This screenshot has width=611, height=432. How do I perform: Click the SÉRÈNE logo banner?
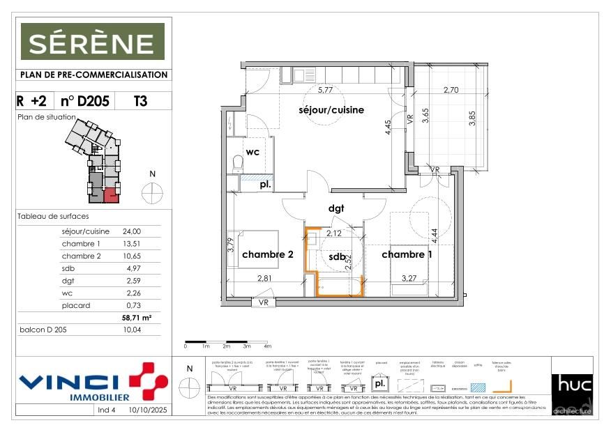tap(92, 42)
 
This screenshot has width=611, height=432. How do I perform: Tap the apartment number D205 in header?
tap(85, 101)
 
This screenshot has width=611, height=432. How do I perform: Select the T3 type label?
tap(140, 101)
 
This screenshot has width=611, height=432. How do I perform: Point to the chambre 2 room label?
tap(268, 255)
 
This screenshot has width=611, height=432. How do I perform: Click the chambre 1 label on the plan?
tap(407, 255)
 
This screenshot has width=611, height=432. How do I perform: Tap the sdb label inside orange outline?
tap(338, 257)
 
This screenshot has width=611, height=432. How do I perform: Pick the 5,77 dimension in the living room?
tap(325, 91)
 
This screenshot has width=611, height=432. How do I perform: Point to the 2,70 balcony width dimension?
tap(451, 90)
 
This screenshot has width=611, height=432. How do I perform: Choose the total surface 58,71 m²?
tap(136, 317)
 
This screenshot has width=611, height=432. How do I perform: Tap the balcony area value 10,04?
tap(132, 330)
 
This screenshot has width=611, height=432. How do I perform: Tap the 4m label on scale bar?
tap(267, 346)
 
